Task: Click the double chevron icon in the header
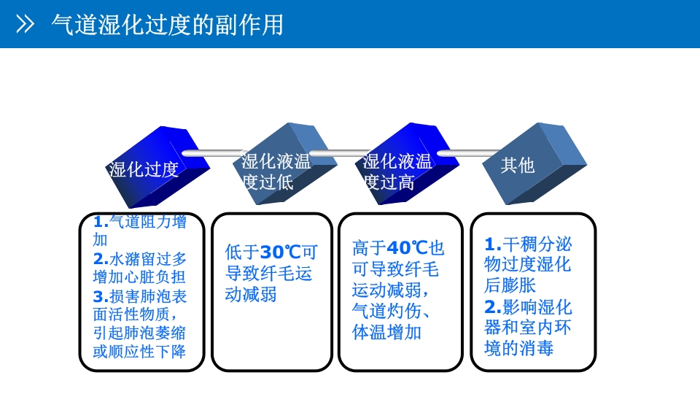[x=26, y=25]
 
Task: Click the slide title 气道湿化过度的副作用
[x=167, y=25]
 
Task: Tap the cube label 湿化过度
[x=144, y=170]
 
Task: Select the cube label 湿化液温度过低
[x=276, y=171]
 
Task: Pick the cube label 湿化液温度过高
[x=397, y=171]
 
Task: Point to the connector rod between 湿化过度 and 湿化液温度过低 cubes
[x=211, y=153]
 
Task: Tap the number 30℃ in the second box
[x=281, y=252]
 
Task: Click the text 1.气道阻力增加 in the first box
[x=140, y=223]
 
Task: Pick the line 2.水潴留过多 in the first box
[x=140, y=258]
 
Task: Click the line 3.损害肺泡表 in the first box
[x=140, y=296]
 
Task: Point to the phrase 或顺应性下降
[x=140, y=352]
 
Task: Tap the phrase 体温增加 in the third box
[x=386, y=333]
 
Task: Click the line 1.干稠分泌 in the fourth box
[x=528, y=244]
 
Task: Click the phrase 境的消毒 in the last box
[x=519, y=348]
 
